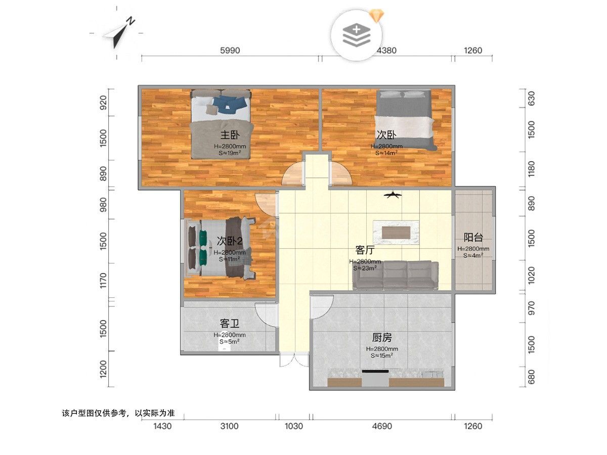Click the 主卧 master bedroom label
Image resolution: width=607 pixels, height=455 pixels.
pyautogui.click(x=230, y=135)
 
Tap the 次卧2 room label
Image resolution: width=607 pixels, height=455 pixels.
pyautogui.click(x=230, y=241)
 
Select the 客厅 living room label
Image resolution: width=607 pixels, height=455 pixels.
pyautogui.click(x=365, y=250)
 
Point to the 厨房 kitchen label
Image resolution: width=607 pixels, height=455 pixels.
pyautogui.click(x=382, y=338)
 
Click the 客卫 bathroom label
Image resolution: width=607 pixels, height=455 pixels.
pyautogui.click(x=229, y=323)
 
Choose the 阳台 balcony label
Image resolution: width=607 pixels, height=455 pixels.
pyautogui.click(x=473, y=237)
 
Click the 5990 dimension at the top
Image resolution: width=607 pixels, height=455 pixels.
pyautogui.click(x=230, y=51)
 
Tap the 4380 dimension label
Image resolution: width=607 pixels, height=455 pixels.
pyautogui.click(x=386, y=51)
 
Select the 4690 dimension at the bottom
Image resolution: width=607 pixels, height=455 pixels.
pyautogui.click(x=382, y=426)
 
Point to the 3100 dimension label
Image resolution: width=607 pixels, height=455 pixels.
pyautogui.click(x=229, y=426)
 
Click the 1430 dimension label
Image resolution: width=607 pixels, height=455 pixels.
pyautogui.click(x=162, y=426)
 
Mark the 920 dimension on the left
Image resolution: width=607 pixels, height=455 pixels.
pyautogui.click(x=103, y=103)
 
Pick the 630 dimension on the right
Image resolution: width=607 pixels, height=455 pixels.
pyautogui.click(x=531, y=99)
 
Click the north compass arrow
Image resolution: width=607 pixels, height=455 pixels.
pyautogui.click(x=119, y=33)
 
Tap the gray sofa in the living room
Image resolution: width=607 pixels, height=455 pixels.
pyautogui.click(x=396, y=275)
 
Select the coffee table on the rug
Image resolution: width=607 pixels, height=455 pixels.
pyautogui.click(x=396, y=233)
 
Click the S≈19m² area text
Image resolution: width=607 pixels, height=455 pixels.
pyautogui.click(x=230, y=153)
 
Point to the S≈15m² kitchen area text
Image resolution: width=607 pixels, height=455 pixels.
pyautogui.click(x=382, y=356)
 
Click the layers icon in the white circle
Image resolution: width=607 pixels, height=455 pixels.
pyautogui.click(x=357, y=35)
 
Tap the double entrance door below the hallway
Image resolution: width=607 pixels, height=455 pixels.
pyautogui.click(x=294, y=359)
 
